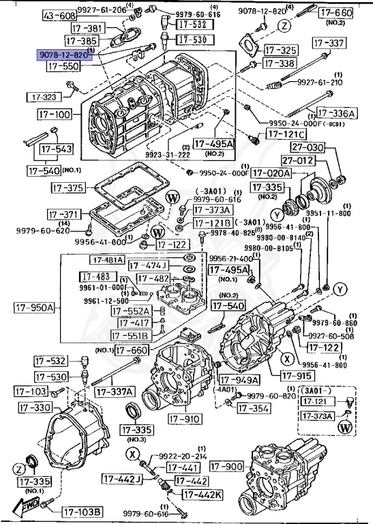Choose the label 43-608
tap(60, 15)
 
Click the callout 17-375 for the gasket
tap(67, 188)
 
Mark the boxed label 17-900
tap(226, 466)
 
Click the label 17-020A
tap(271, 173)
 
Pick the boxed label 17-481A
tap(106, 260)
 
